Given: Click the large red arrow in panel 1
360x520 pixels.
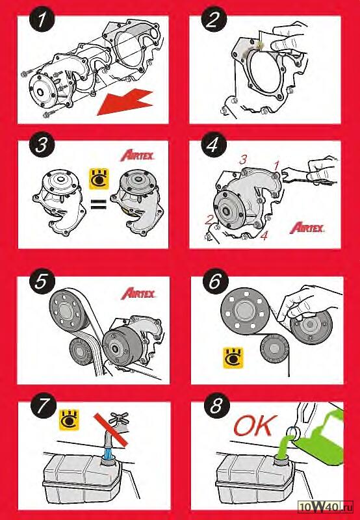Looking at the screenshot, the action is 125,102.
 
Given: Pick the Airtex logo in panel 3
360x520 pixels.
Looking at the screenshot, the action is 137,155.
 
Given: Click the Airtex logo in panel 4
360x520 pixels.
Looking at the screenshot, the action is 307,228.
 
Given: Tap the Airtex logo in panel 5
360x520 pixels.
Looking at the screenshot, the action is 138,293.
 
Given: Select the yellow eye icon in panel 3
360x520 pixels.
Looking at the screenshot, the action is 99,179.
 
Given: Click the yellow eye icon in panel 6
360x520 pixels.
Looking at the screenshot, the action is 233,357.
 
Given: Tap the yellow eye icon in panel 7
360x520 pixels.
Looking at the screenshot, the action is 69,420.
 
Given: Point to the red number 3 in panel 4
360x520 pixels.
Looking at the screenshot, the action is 243,160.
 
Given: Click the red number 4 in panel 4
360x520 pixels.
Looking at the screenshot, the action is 264,237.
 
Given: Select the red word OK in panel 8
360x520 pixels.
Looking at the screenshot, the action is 255,426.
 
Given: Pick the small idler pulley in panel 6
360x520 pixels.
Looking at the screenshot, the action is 274,349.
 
